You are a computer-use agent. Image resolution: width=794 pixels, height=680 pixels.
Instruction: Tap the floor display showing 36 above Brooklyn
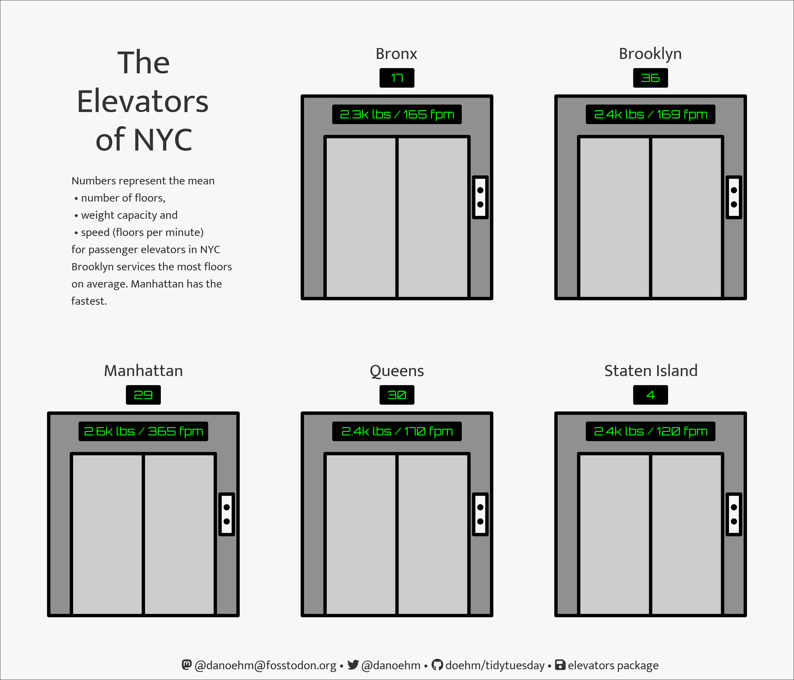(x=650, y=78)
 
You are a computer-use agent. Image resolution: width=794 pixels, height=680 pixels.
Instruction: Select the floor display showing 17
(x=397, y=78)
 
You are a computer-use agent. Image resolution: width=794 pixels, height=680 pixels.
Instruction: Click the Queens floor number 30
(x=397, y=395)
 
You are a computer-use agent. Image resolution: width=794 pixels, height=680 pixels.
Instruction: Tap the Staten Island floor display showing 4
(x=650, y=395)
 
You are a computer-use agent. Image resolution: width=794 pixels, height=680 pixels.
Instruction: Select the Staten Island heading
(x=651, y=371)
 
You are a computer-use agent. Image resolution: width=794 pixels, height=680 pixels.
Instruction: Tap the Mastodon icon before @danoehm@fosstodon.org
(x=187, y=665)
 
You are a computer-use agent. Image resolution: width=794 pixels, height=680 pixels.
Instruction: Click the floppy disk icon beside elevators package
(x=560, y=665)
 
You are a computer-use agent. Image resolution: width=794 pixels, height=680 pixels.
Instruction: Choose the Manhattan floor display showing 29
(x=143, y=395)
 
